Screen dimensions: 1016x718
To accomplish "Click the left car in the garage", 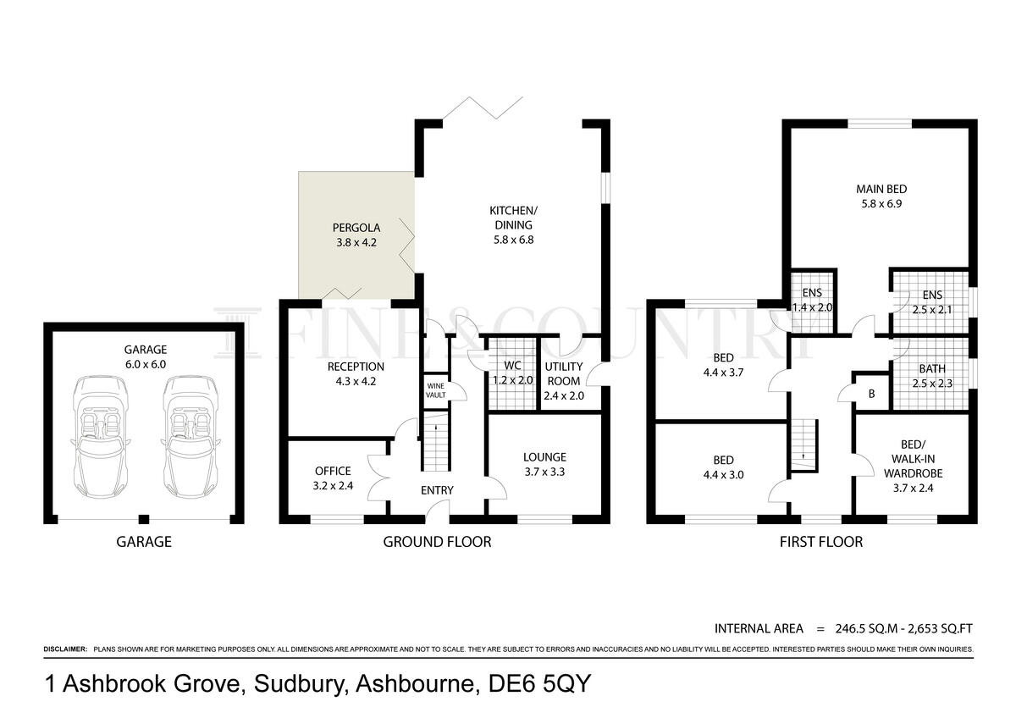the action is point(100,436).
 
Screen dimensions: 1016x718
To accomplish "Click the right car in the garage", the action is point(190,436).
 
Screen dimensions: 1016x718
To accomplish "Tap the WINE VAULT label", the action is point(435,390).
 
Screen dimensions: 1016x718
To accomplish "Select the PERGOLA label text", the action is point(356,228).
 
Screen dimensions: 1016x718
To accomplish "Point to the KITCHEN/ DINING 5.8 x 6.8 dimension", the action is point(513,240).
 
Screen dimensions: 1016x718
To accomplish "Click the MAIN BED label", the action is point(881,189).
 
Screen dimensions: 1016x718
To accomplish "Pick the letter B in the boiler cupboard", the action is point(871,394).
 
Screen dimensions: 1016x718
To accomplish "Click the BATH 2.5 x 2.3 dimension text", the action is point(932,384).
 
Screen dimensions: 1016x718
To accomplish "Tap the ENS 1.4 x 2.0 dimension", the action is point(812,307).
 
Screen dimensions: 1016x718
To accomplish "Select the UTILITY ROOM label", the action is point(563,373).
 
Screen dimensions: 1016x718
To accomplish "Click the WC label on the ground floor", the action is point(512,365).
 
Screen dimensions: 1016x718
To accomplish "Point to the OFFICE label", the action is point(333,471).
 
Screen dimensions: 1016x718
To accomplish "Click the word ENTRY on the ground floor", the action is point(437,490).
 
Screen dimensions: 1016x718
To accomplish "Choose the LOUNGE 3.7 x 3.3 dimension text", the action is point(544,472).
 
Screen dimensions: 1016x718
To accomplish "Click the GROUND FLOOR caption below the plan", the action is point(437,542).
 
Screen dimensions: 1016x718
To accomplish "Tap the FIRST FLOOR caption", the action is point(821,542).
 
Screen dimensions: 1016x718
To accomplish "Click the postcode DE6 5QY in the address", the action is point(539,683).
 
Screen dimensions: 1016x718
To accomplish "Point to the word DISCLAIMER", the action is point(65,649).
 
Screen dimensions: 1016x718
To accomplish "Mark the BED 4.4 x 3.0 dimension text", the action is point(723,474).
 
